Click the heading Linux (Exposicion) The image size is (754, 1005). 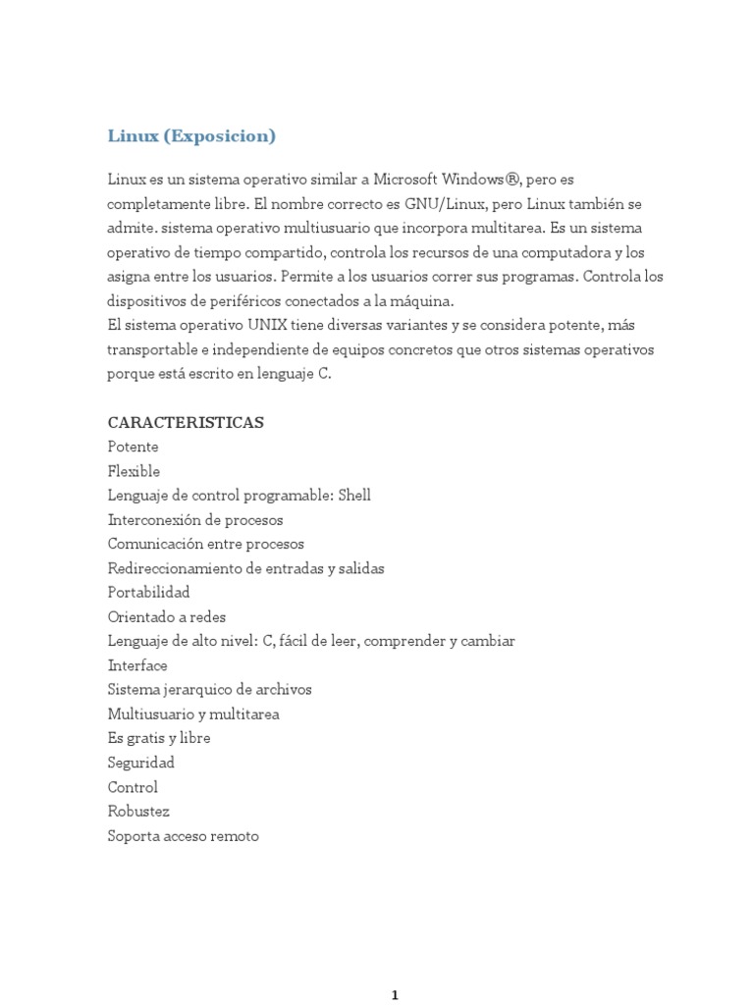(x=191, y=136)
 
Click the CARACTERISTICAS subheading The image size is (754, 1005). (x=186, y=423)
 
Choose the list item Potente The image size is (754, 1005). (x=133, y=447)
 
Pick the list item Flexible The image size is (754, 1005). (x=134, y=471)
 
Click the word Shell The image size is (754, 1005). (x=354, y=496)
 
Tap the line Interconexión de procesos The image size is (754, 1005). (x=195, y=520)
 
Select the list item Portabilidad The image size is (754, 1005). (x=148, y=593)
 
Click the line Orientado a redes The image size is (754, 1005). (x=167, y=616)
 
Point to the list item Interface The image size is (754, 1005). (x=137, y=665)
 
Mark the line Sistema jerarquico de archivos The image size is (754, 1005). (x=209, y=689)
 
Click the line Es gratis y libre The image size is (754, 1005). (x=159, y=738)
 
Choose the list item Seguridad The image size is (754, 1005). (x=140, y=763)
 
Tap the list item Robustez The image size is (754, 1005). (x=138, y=812)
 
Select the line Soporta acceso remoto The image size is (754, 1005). (x=184, y=836)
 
